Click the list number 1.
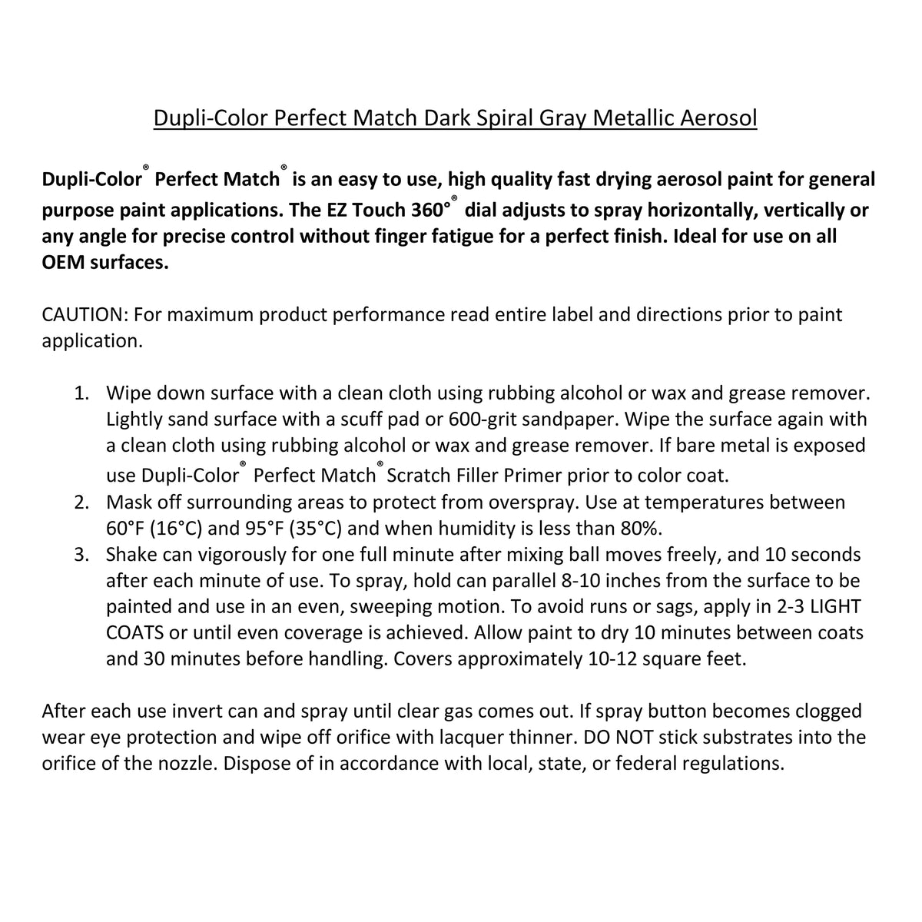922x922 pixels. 81,393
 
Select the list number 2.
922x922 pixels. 81,502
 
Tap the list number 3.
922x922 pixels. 81,555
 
